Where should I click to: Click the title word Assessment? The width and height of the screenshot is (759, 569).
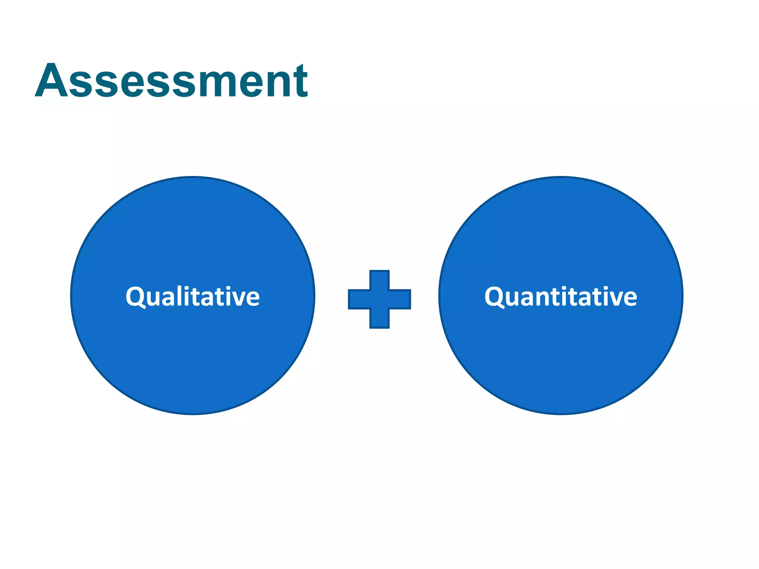point(171,81)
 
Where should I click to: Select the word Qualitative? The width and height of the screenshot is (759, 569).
point(193,297)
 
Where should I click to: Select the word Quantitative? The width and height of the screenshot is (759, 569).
point(561,297)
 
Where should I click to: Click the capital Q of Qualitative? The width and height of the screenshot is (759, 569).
point(135,297)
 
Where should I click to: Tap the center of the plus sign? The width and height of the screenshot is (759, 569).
point(379,299)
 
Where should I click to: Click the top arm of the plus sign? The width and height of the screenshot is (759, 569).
point(379,280)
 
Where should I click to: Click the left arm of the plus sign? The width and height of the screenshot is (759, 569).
point(359,299)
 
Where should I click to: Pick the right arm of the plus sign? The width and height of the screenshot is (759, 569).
point(400,299)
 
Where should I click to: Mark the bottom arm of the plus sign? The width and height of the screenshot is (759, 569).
point(379,319)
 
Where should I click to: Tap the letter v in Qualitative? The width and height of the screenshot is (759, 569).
point(239,299)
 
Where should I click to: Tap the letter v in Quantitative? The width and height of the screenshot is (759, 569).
point(616,299)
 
